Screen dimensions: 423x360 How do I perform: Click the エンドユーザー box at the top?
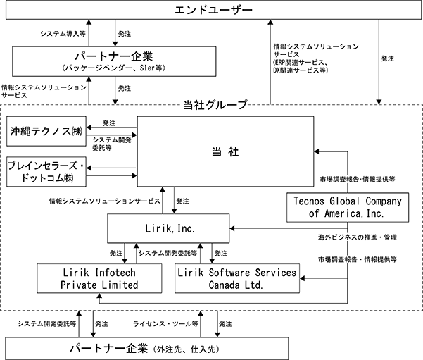tap(213, 10)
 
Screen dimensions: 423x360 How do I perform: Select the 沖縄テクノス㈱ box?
tap(46, 131)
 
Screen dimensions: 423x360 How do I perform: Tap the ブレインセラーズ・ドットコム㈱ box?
tap(46, 172)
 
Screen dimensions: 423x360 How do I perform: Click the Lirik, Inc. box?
tap(168, 228)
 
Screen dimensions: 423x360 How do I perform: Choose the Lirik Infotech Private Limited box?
tap(99, 278)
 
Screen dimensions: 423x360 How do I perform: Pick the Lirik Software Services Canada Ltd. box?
tap(237, 278)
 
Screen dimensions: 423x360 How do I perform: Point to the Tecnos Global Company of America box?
tap(348, 207)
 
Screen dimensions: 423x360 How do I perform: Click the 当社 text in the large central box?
tap(225, 151)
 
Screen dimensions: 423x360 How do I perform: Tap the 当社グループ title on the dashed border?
tap(215, 105)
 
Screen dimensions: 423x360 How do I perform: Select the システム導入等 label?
tap(63, 34)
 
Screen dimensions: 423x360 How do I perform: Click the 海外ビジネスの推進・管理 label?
tap(357, 237)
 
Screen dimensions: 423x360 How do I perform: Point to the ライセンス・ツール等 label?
tap(165, 324)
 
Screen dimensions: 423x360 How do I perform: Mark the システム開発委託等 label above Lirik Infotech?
tap(168, 253)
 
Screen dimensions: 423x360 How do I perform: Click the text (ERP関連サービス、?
tap(301, 63)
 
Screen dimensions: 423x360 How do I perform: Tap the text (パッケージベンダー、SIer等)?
tap(113, 68)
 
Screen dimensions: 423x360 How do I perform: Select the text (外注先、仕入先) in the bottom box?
tap(186, 349)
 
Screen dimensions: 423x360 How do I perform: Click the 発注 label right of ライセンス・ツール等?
tap(225, 324)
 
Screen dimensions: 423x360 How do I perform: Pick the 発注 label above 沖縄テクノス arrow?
tap(109, 123)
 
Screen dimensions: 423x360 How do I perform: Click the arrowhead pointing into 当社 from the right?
tap(317, 151)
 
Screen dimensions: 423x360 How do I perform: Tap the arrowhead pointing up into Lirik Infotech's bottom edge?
tap(99, 296)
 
